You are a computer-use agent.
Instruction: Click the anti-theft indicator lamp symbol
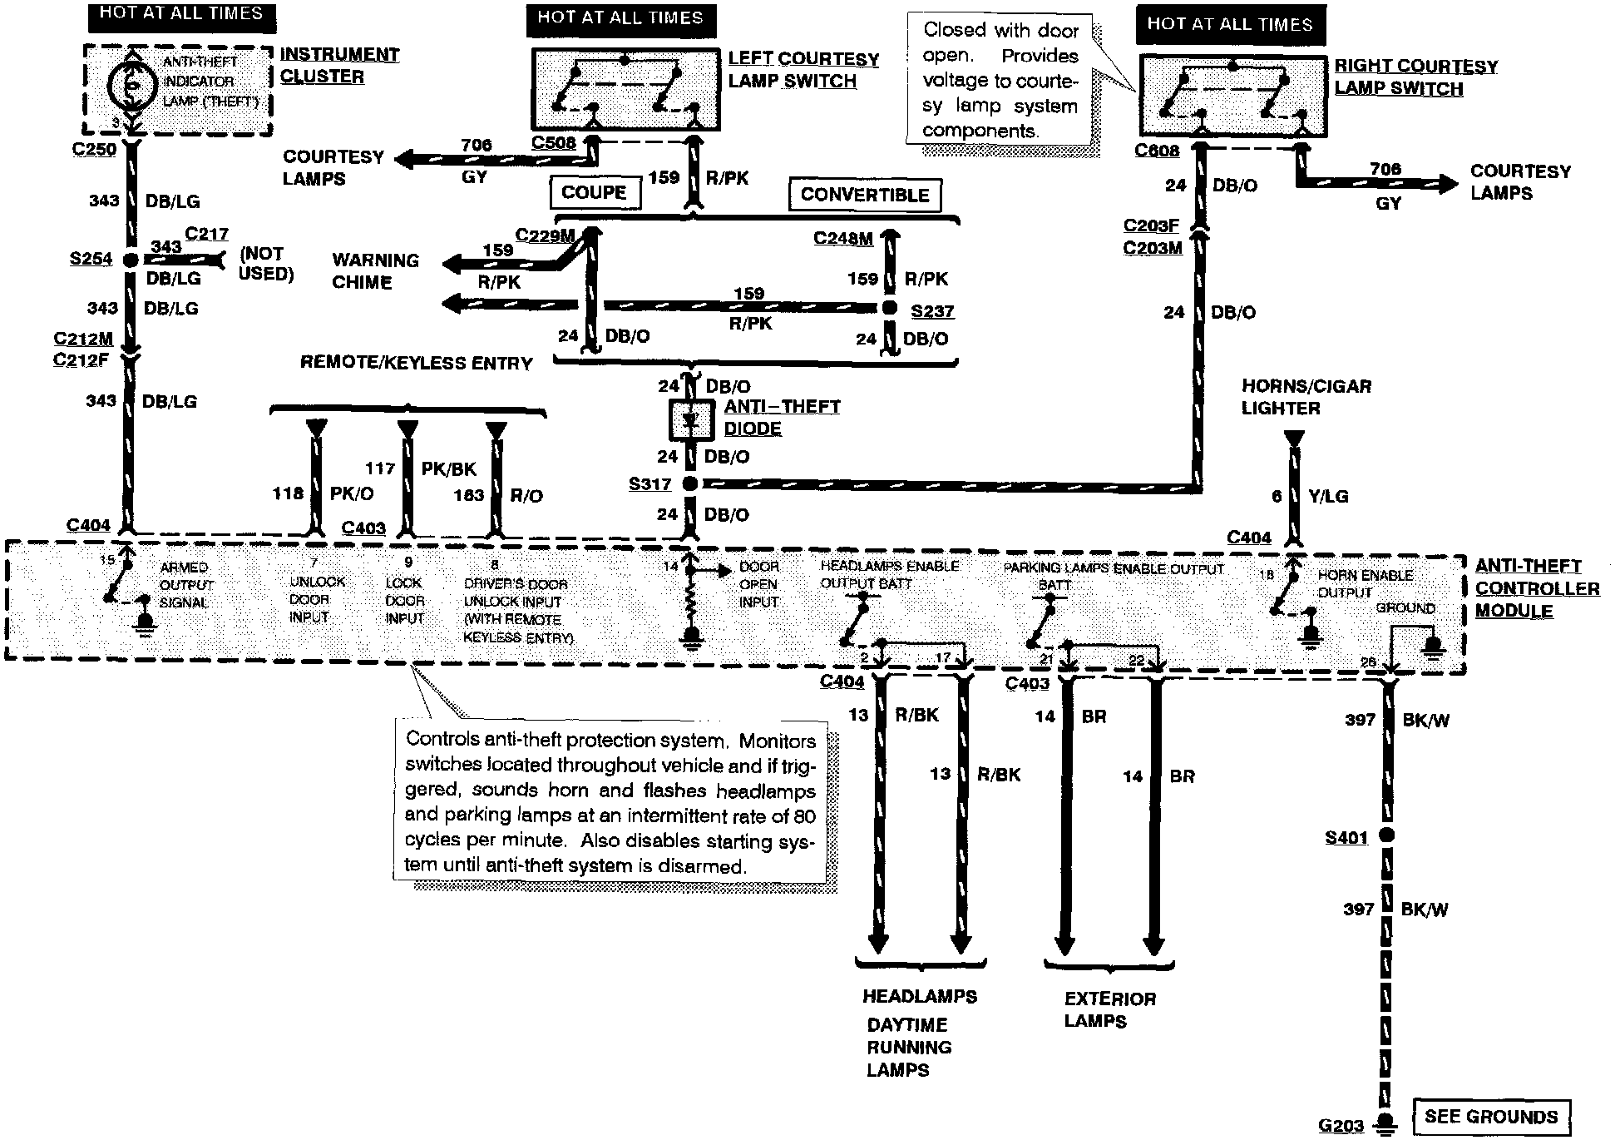click(x=132, y=83)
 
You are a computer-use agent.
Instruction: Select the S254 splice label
click(x=91, y=259)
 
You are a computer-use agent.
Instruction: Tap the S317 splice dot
click(x=689, y=483)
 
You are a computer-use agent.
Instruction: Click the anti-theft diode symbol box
click(x=691, y=421)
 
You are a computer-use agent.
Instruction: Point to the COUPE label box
click(x=595, y=192)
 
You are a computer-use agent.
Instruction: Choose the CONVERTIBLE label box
click(x=865, y=195)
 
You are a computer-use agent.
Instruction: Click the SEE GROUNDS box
click(x=1491, y=1117)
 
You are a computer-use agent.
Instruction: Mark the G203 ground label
click(x=1341, y=1126)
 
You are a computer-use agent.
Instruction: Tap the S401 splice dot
click(x=1386, y=835)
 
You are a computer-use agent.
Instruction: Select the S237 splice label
click(x=932, y=311)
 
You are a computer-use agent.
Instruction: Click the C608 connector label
click(x=1157, y=151)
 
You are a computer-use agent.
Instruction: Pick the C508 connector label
click(x=554, y=142)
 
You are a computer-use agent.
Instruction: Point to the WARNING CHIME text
click(x=375, y=271)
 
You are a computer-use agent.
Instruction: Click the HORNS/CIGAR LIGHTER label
click(x=1306, y=397)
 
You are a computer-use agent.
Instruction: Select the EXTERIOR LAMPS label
click(x=1109, y=1009)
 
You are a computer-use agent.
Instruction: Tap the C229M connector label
click(x=545, y=235)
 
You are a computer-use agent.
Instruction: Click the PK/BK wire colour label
click(x=448, y=468)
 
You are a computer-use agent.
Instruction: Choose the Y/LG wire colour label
click(x=1328, y=496)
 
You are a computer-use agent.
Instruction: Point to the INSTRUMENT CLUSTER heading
click(x=338, y=65)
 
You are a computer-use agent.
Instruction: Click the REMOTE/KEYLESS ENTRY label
click(x=416, y=363)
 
